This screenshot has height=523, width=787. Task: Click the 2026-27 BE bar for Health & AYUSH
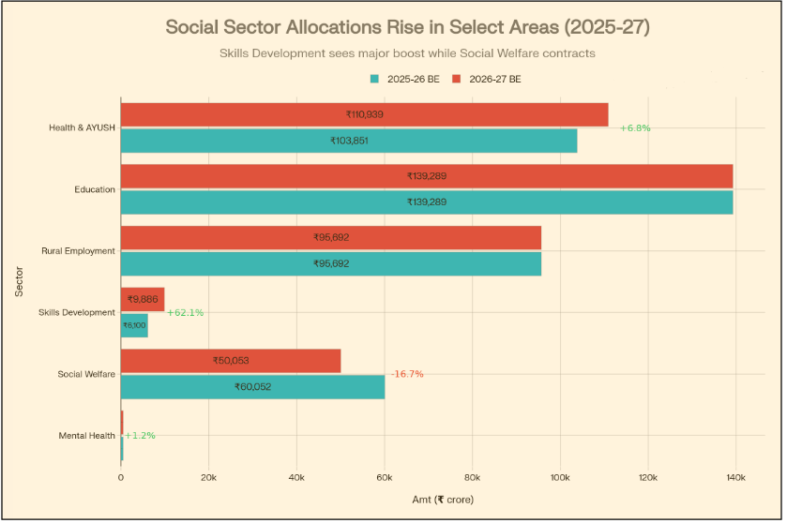[364, 114]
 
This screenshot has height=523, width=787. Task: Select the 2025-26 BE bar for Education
[427, 202]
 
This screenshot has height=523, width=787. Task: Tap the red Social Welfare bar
[231, 361]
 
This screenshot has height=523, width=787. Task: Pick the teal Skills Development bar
[134, 325]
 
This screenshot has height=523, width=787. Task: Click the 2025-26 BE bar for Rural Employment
[331, 263]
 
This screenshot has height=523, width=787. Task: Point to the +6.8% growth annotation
[635, 127]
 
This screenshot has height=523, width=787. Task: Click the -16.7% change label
[407, 374]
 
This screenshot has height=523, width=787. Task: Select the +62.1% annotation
[186, 312]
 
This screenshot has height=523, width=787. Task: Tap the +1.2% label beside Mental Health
[140, 436]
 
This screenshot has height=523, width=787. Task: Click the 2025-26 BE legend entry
[405, 80]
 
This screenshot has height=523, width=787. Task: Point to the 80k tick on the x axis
[472, 478]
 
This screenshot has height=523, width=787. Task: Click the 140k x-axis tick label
[735, 478]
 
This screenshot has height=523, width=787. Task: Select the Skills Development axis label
[77, 312]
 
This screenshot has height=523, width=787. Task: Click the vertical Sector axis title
[20, 281]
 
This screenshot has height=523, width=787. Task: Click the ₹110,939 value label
[364, 114]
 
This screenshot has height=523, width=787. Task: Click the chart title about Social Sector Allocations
[407, 27]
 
